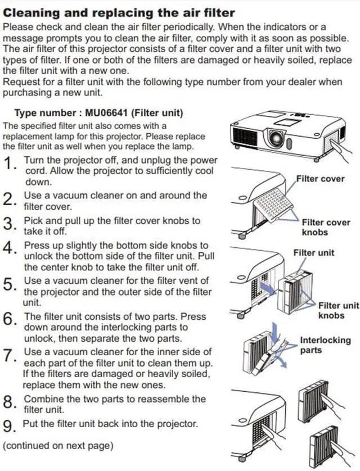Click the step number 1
(10, 164)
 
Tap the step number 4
(10, 248)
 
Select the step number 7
(10, 355)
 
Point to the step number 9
(10, 427)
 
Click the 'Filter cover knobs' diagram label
(326, 227)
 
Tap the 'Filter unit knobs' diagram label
(338, 310)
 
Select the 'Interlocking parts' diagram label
(325, 345)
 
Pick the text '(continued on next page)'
(58, 446)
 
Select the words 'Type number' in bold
(43, 113)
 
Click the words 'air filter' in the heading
(207, 12)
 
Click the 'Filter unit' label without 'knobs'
(313, 252)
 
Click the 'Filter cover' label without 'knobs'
(320, 179)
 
